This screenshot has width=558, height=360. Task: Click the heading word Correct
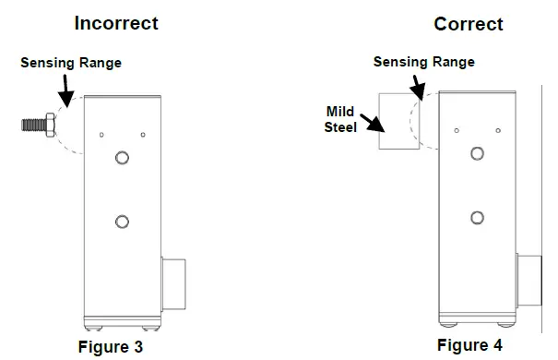469,23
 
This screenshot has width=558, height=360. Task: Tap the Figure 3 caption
120,348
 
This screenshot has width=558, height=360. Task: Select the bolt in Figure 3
38,123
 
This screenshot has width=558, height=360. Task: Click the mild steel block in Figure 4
399,122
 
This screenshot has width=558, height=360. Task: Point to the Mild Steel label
340,118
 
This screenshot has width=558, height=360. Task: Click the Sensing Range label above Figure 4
423,62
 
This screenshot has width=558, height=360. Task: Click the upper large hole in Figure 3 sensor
121,159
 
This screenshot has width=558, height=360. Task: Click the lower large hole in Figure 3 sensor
121,221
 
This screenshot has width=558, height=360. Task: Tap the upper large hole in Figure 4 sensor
476,153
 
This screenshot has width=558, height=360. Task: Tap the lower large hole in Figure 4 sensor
476,218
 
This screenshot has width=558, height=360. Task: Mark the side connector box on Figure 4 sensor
529,281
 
